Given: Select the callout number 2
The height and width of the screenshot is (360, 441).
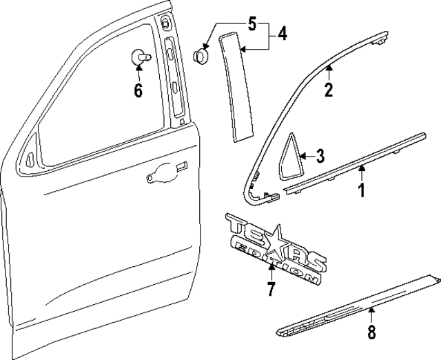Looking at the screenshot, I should (x=329, y=89).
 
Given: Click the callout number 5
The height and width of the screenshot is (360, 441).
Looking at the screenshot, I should (x=252, y=26).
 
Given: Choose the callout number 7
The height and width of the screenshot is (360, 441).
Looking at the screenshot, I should (x=271, y=288).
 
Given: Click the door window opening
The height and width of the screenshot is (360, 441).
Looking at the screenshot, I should (x=96, y=97).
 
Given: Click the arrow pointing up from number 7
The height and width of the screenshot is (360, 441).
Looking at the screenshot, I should (x=271, y=270).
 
